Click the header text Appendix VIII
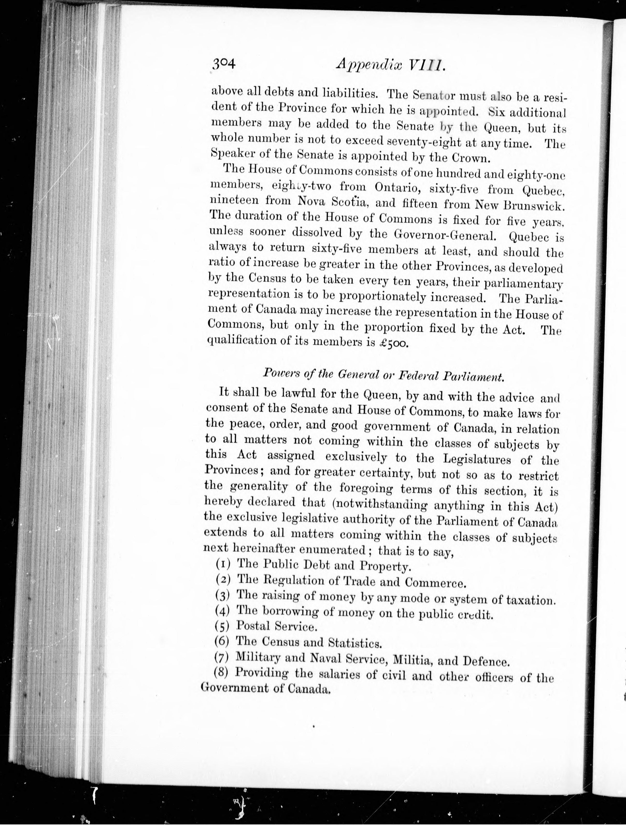coord(389,66)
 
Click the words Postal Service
coord(277,626)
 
